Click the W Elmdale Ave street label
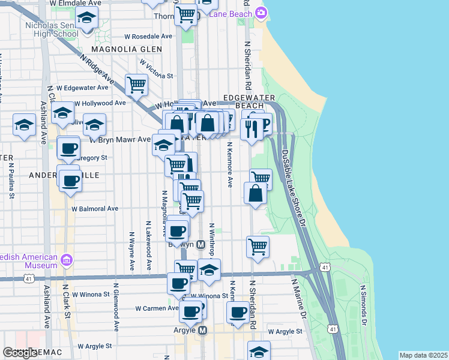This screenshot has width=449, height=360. [76, 3]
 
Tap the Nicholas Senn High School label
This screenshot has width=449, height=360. [52, 29]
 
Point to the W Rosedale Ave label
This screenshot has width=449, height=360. [148, 36]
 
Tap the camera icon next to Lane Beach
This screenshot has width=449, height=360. [261, 13]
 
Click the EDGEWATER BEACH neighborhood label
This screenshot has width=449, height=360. [249, 101]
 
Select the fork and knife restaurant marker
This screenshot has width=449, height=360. [251, 128]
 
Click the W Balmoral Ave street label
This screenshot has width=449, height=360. [95, 209]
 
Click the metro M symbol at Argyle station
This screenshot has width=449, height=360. [202, 330]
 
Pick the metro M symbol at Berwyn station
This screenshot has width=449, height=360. [200, 245]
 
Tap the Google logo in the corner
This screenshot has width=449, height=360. [20, 353]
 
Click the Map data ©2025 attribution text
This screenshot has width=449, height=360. [423, 355]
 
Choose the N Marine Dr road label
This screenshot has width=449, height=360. [298, 298]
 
